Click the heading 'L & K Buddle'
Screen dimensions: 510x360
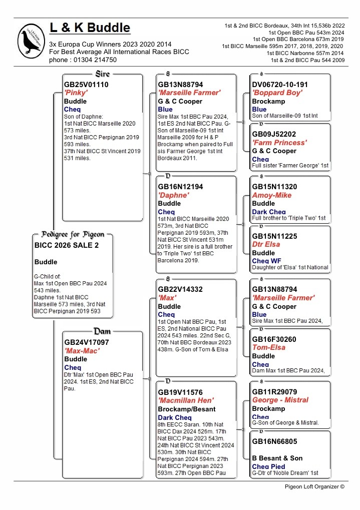pyautogui.click(x=90, y=28)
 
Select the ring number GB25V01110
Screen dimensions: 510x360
pyautogui.click(x=86, y=85)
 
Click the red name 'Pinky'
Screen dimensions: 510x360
pyautogui.click(x=76, y=93)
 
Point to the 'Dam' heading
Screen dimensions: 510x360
pyautogui.click(x=102, y=331)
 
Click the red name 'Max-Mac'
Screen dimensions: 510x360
pyautogui.click(x=82, y=351)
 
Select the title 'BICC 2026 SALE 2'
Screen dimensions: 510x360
pyautogui.click(x=67, y=245)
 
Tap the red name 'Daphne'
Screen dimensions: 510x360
pyautogui.click(x=173, y=195)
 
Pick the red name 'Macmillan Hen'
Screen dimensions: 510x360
pyautogui.click(x=186, y=400)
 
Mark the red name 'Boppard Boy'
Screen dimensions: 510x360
pyautogui.click(x=277, y=93)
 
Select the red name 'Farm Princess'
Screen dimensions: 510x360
pyautogui.click(x=279, y=143)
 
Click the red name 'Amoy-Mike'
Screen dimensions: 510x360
pyautogui.click(x=272, y=195)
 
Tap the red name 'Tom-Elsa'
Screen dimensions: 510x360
pyautogui.click(x=269, y=347)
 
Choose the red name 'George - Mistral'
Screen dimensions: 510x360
pyautogui.click(x=280, y=400)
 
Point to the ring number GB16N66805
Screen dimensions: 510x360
pyautogui.click(x=274, y=441)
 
